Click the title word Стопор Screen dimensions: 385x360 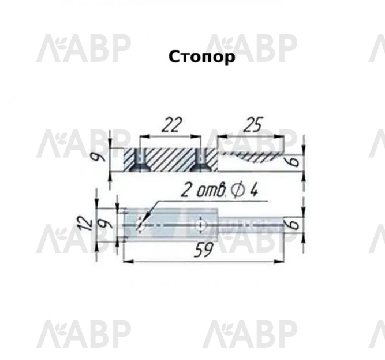pos(201,57)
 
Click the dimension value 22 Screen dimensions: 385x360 pos(173,125)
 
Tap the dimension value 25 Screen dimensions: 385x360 pos(253,124)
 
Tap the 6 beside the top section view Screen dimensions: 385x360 pos(294,161)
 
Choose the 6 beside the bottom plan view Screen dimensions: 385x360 pos(294,224)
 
